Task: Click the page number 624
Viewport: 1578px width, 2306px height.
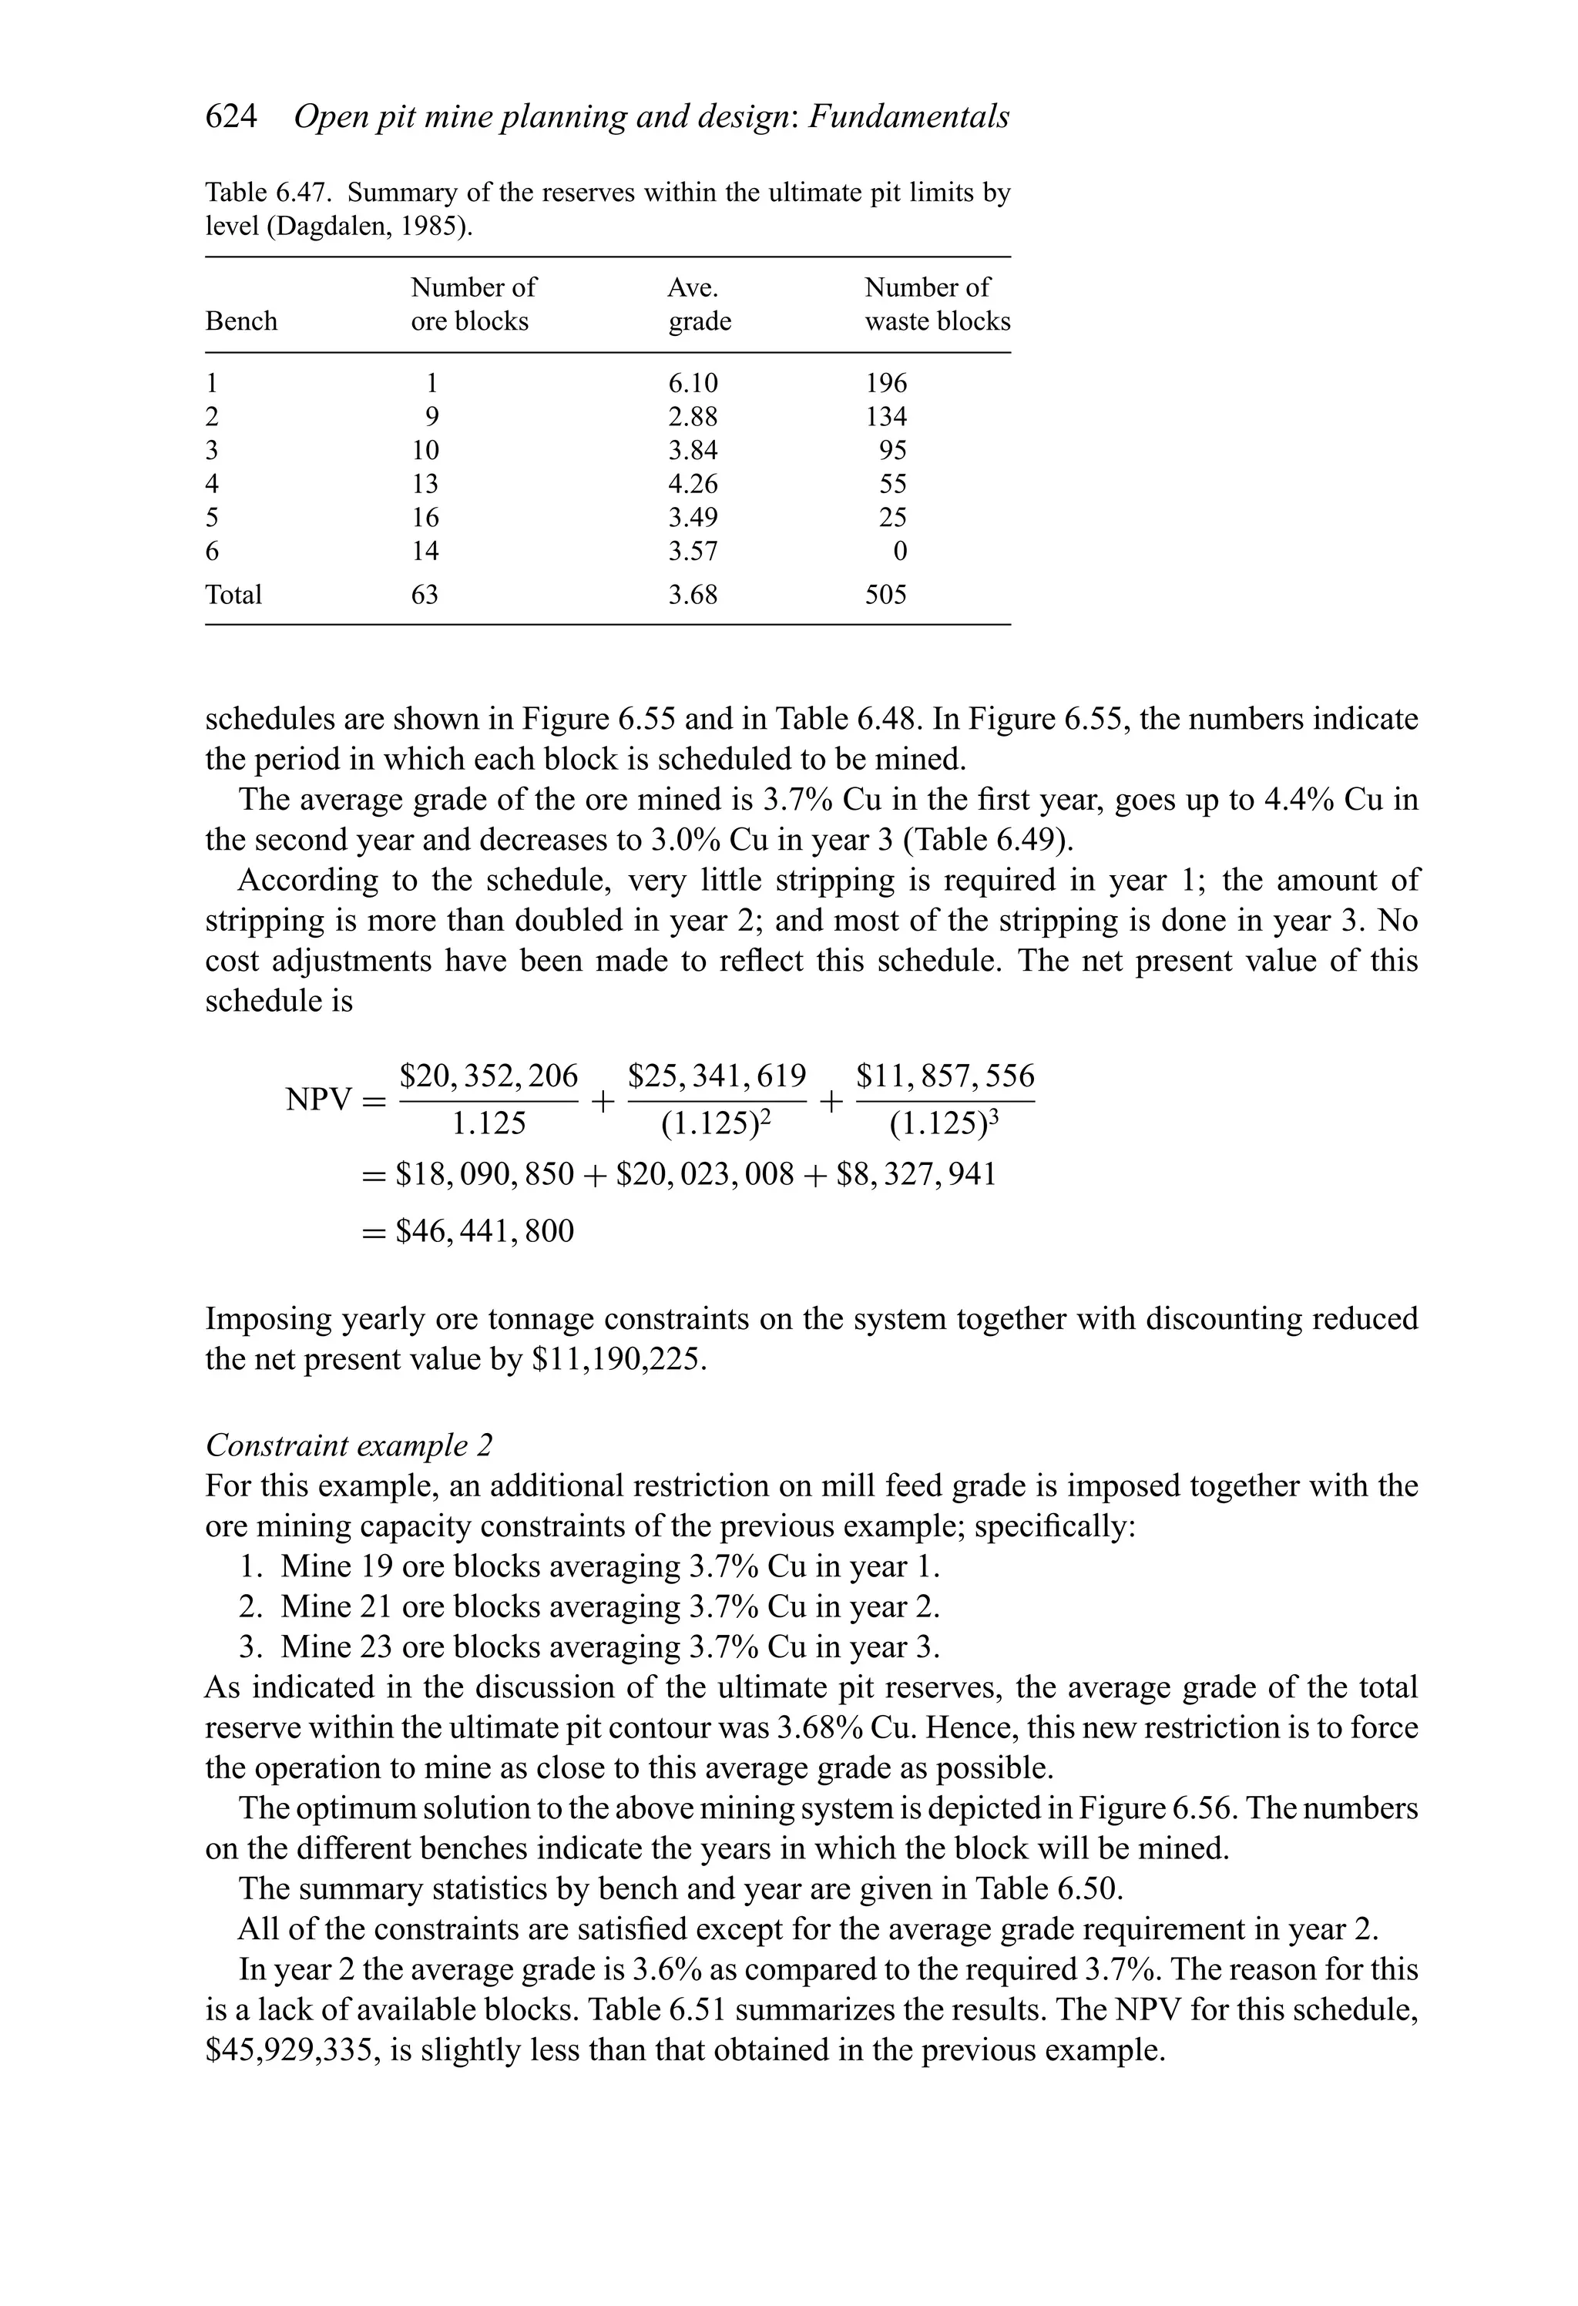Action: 230,117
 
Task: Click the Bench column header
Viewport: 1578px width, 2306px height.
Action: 241,321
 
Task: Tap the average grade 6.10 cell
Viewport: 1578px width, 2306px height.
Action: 693,383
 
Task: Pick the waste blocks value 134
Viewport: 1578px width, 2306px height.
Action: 885,417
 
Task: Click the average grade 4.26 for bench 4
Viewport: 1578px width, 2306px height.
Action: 693,484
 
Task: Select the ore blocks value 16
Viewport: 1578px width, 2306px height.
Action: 425,518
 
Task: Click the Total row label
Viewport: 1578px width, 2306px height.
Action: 233,596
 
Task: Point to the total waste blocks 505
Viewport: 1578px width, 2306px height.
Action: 885,596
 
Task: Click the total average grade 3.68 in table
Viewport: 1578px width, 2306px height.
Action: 693,596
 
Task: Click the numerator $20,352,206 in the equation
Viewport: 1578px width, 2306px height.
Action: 489,1076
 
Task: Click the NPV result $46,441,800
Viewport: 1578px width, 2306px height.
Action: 485,1231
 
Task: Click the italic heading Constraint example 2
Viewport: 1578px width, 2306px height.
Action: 348,1445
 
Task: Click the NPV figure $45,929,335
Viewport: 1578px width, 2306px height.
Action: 293,2050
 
